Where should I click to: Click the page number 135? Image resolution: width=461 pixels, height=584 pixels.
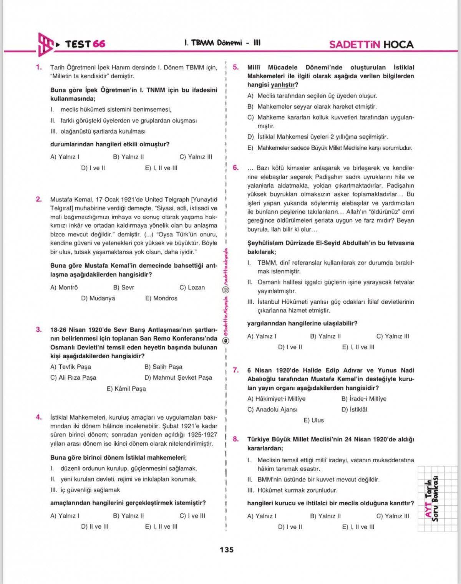point(226,550)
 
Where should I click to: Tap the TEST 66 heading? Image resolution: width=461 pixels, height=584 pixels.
point(85,44)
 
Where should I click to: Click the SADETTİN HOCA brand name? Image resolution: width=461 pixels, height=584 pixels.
point(371,45)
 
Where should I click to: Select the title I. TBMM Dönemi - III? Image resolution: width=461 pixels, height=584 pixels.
point(222,43)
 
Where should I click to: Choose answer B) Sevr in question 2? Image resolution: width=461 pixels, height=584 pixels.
point(123,288)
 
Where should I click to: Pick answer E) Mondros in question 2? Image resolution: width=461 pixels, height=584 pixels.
point(161,298)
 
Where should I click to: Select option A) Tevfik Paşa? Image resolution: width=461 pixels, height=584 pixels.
point(71,367)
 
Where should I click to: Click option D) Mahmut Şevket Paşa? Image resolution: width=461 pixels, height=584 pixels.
point(178,378)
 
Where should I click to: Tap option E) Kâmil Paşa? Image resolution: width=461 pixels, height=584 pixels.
point(126,389)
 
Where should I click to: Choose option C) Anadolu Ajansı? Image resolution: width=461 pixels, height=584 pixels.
point(272,410)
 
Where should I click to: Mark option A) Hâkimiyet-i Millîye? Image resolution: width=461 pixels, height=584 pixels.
point(276,399)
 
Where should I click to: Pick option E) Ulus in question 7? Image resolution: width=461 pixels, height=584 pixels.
point(313,420)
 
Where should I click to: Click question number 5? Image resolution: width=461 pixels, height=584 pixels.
point(236,67)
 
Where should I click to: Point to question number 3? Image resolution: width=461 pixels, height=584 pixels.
point(39,329)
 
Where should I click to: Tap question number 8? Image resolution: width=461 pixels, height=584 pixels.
point(236,439)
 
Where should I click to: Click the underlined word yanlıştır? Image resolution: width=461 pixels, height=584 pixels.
point(284,85)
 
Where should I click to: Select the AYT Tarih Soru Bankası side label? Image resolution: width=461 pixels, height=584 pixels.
point(432,499)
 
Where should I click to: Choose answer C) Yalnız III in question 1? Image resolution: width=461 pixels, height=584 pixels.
point(196,157)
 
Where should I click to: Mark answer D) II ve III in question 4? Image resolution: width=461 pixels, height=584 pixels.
point(95,527)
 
